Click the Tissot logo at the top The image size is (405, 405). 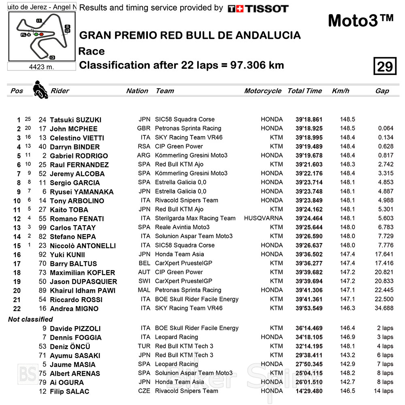click(x=258, y=9)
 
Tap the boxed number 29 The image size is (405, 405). click(x=384, y=66)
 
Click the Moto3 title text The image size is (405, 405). click(x=360, y=20)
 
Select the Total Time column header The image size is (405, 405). click(x=305, y=91)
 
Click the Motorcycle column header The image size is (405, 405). click(x=262, y=91)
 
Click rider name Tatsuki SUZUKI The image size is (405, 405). click(x=75, y=120)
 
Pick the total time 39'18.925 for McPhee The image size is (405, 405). click(x=309, y=128)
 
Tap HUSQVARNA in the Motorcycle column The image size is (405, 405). click(x=263, y=218)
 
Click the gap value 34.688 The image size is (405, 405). click(x=384, y=308)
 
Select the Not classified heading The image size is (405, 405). click(x=30, y=319)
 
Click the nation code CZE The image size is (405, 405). click(x=144, y=391)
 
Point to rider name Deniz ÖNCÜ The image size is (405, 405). click(x=70, y=347)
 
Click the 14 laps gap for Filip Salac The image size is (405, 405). click(x=383, y=391)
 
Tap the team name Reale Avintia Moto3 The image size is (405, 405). click(x=182, y=227)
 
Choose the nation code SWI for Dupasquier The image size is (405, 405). click(x=144, y=281)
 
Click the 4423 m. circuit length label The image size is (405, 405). click(x=41, y=67)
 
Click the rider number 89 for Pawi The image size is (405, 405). click(x=43, y=290)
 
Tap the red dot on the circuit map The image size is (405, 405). click(x=41, y=34)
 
